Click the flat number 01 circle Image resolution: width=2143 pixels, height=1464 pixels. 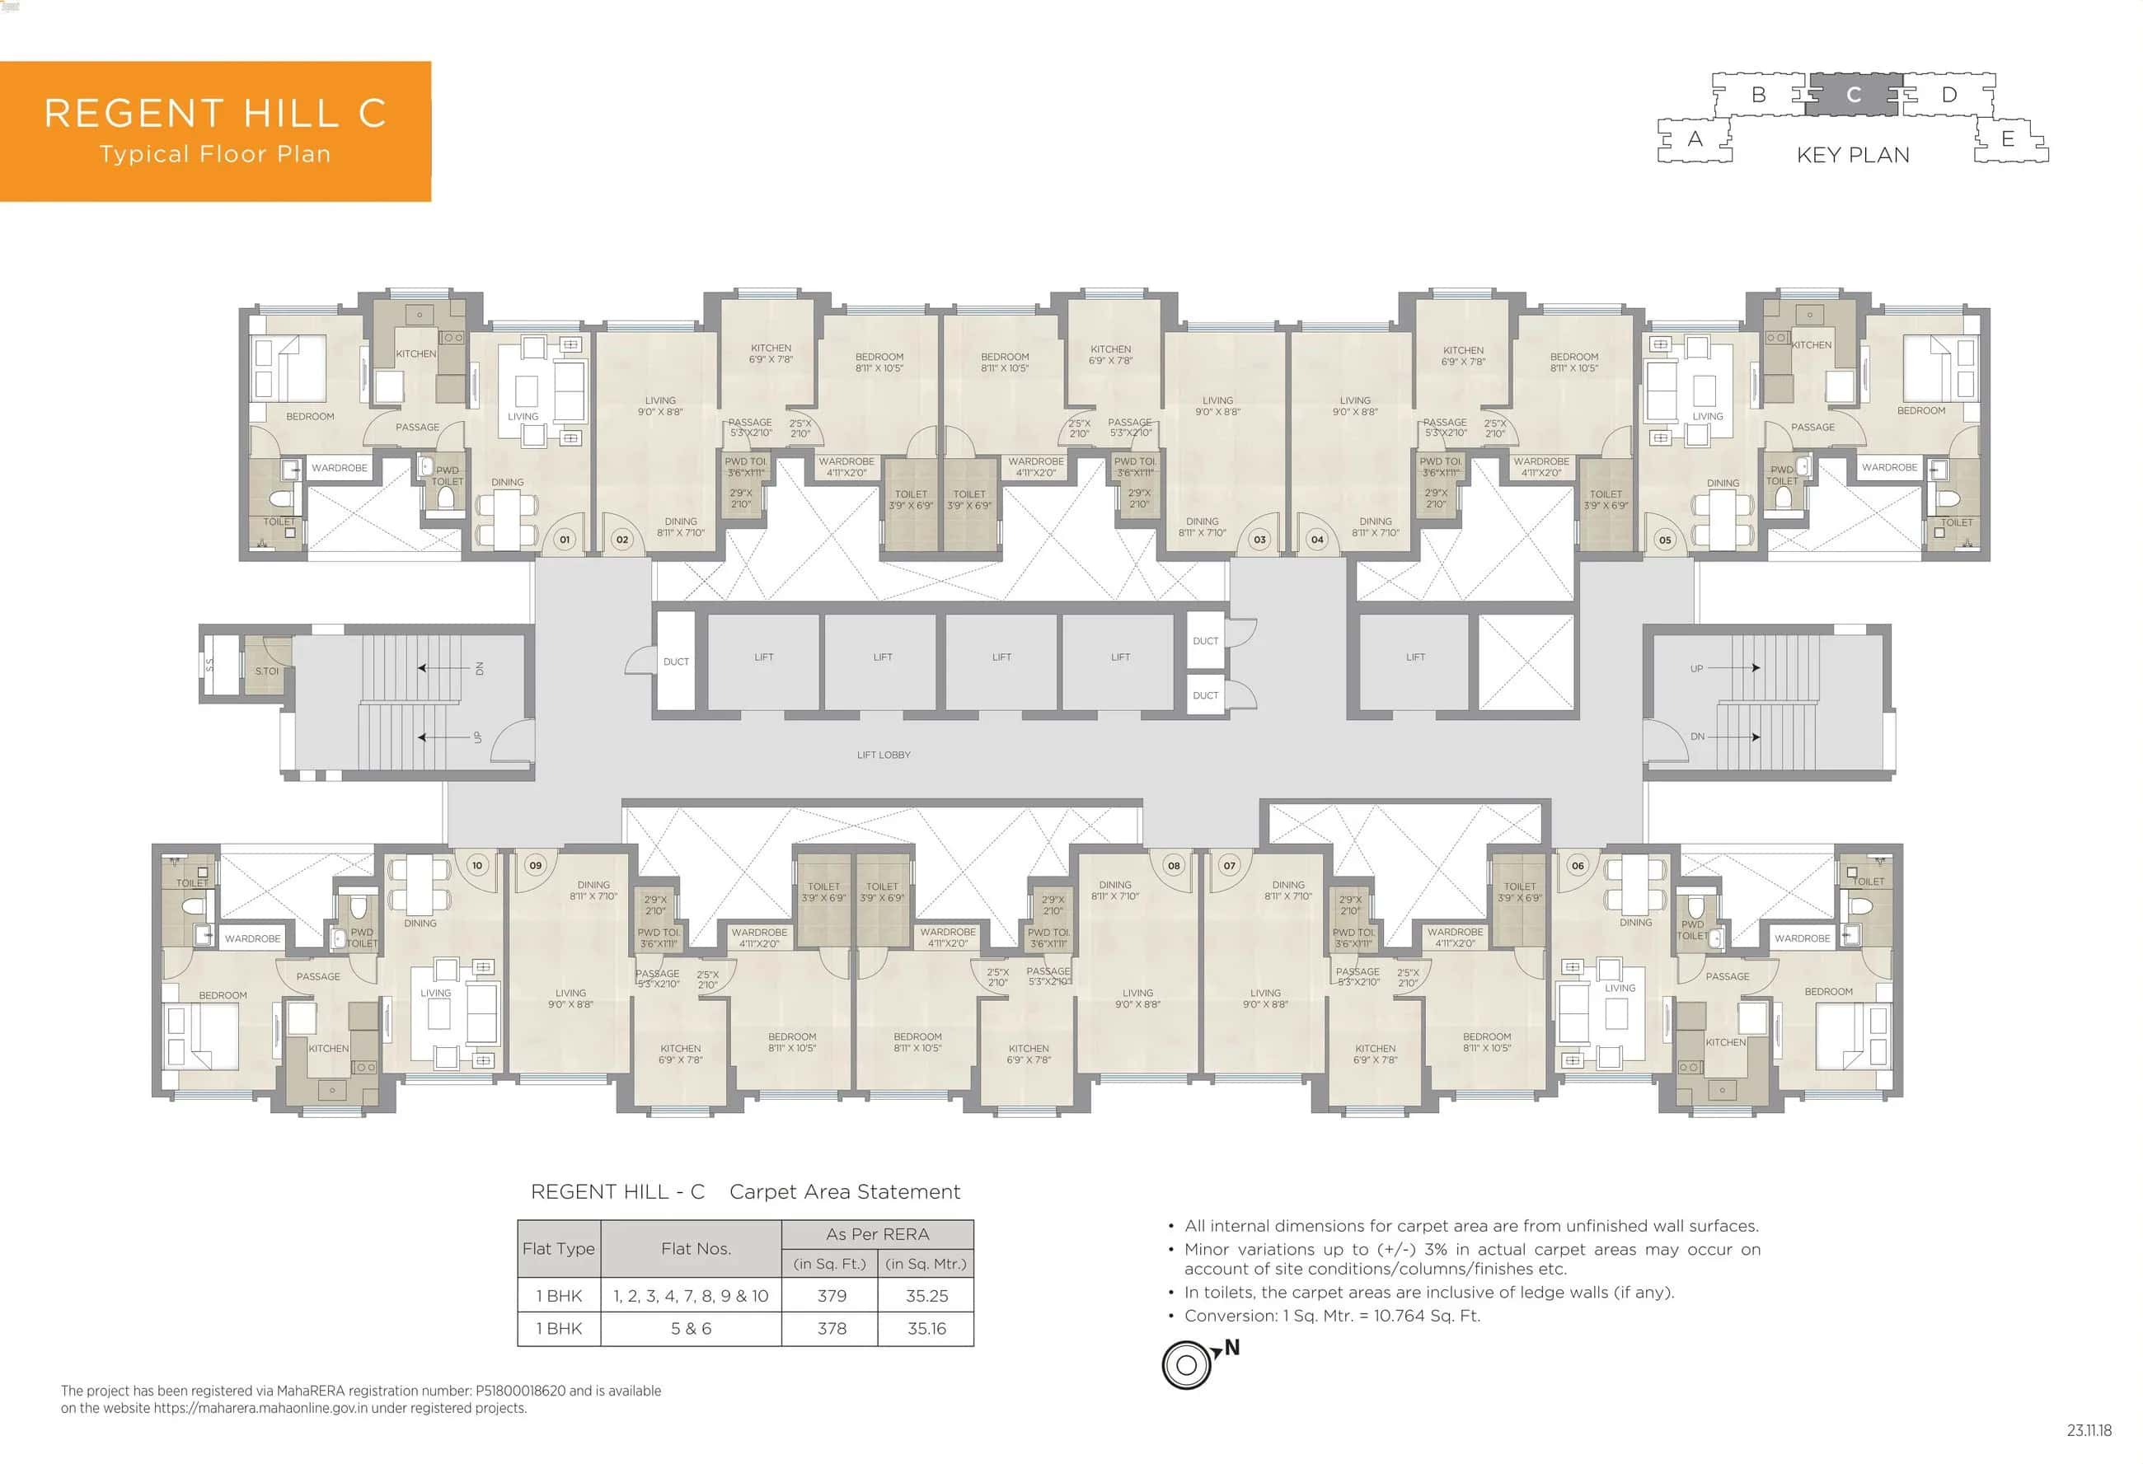(565, 540)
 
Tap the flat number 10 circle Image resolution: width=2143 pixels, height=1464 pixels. (476, 865)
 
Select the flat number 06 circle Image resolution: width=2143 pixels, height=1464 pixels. (1578, 865)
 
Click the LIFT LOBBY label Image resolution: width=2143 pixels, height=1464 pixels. (884, 754)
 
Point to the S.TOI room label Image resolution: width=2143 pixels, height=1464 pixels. (266, 671)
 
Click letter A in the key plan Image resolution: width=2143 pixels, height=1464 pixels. (1695, 139)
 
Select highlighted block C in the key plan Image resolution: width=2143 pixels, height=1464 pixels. (1853, 95)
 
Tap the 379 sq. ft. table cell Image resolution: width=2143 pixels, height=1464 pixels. (831, 1295)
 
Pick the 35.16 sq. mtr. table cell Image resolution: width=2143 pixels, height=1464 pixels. (926, 1329)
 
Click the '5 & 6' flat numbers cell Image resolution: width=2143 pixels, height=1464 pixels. (691, 1329)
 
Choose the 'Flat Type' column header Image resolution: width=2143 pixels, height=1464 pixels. (558, 1248)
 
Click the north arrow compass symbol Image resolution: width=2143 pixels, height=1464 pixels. (1187, 1364)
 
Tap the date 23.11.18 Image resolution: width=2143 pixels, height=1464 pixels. (2089, 1431)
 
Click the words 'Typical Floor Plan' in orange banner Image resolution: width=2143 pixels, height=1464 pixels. (215, 154)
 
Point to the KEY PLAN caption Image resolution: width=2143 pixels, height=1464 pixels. (1853, 155)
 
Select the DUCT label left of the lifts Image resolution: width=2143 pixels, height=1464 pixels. (676, 661)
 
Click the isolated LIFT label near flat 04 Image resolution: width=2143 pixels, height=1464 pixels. (1415, 657)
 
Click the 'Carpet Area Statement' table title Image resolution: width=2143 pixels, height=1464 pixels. (844, 1191)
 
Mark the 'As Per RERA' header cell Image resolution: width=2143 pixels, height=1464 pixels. (877, 1233)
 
